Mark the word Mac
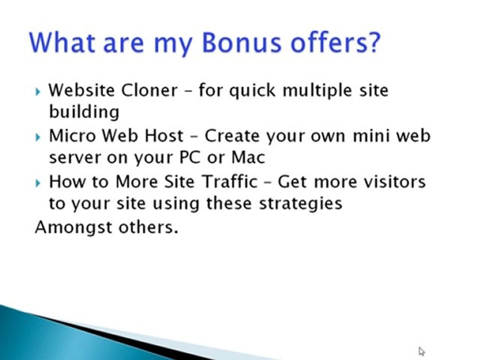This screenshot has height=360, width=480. pyautogui.click(x=248, y=158)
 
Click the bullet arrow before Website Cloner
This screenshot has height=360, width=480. pyautogui.click(x=39, y=91)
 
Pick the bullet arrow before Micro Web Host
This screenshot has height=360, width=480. pyautogui.click(x=39, y=136)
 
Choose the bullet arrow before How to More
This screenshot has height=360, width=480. pyautogui.click(x=39, y=182)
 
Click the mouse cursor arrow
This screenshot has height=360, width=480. pyautogui.click(x=421, y=351)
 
